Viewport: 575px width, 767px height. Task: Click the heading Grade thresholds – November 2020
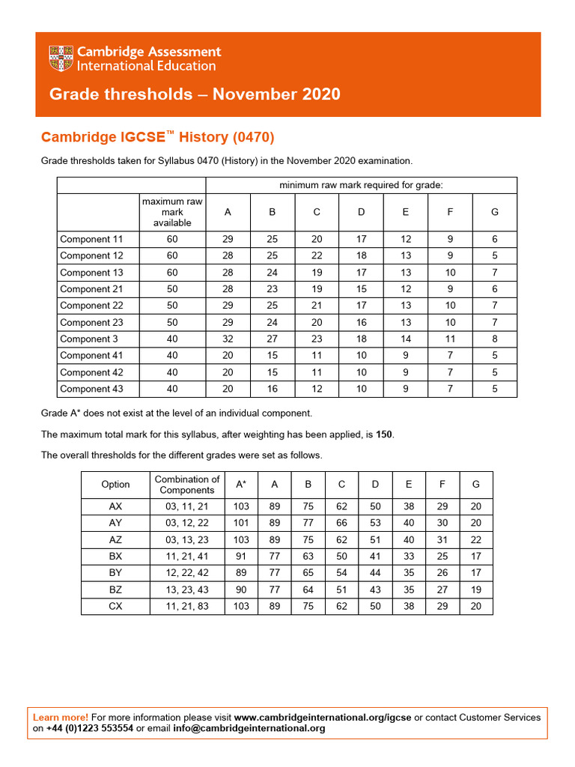click(x=195, y=94)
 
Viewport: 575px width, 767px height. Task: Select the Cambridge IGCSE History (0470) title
click(x=158, y=137)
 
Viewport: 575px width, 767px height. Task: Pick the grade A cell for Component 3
click(x=228, y=339)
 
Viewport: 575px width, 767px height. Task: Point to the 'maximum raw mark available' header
click(x=172, y=212)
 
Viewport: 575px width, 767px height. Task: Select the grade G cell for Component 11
click(x=494, y=240)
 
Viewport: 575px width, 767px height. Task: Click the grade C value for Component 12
click(x=317, y=256)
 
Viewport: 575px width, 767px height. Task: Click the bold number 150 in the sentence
click(x=383, y=434)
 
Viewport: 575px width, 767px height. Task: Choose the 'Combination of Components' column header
click(x=187, y=485)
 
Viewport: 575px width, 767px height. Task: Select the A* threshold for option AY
click(x=241, y=523)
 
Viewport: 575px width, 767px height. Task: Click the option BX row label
click(x=115, y=557)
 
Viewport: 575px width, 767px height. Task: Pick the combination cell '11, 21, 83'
click(x=187, y=606)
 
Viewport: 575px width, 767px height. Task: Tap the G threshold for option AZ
click(x=476, y=540)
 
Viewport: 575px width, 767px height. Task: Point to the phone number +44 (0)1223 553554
click(x=90, y=728)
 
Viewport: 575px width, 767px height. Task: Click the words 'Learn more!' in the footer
click(x=61, y=718)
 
